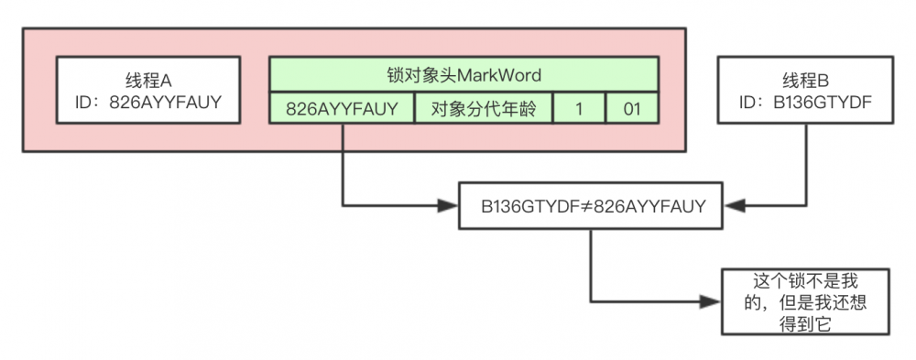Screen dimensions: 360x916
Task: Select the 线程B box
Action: [x=806, y=90]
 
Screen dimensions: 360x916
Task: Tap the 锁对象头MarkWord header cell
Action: [x=464, y=74]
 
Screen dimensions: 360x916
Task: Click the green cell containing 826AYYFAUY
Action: [x=343, y=108]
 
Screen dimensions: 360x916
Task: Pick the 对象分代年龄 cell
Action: [x=485, y=108]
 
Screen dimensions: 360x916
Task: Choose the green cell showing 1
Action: [x=579, y=108]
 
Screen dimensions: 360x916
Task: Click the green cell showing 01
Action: [x=632, y=108]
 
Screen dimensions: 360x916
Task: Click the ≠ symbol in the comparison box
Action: [x=586, y=206]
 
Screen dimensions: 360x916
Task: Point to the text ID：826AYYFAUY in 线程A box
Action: [x=152, y=103]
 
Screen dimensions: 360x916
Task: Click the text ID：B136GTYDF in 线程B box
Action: [x=806, y=103]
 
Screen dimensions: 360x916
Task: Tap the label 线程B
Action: [x=806, y=79]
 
